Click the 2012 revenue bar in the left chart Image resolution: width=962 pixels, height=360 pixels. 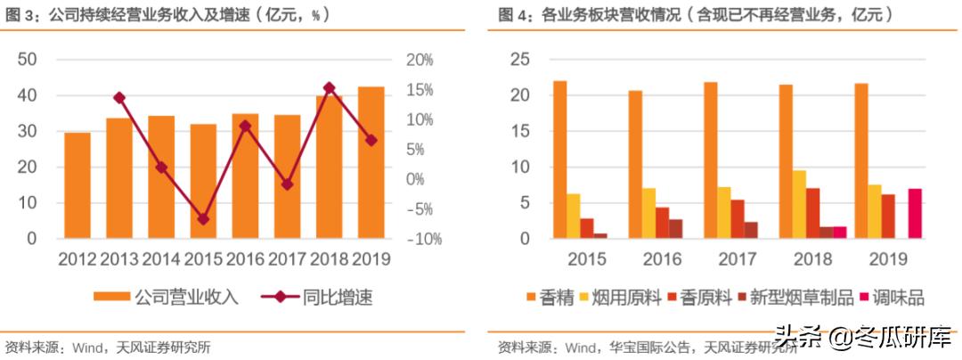tap(77, 185)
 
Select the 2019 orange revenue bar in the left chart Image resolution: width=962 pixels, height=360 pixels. tap(371, 162)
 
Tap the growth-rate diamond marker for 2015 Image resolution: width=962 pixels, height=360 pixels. tap(203, 218)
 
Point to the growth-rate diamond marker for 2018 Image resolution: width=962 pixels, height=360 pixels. tap(330, 88)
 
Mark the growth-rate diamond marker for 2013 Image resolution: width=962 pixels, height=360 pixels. tap(119, 98)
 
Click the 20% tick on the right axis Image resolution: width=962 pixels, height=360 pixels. tap(420, 60)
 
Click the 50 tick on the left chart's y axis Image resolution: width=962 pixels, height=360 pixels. tap(27, 60)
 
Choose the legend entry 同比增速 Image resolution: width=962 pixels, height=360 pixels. tap(317, 298)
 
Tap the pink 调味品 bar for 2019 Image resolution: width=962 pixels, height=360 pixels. tap(915, 213)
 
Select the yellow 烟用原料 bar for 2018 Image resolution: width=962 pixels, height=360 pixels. tap(800, 204)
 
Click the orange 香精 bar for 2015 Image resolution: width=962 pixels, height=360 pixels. tap(559, 160)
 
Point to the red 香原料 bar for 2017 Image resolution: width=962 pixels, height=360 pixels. tap(738, 219)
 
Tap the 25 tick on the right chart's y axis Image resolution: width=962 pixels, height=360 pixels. tap(518, 60)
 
